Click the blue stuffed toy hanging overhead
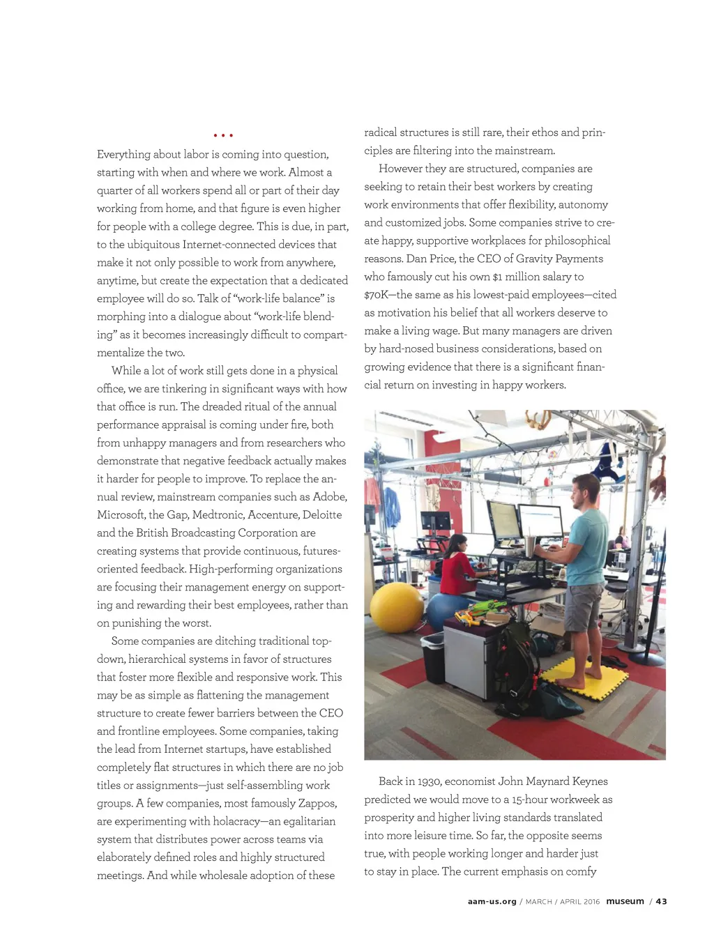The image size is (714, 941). [x=614, y=460]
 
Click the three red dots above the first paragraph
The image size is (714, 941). [x=223, y=135]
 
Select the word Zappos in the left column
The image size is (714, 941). [x=317, y=803]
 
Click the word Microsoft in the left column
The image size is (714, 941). [x=121, y=514]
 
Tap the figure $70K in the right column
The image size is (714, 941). [x=378, y=295]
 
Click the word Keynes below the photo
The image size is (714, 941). [x=590, y=781]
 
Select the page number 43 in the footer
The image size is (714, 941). [x=661, y=901]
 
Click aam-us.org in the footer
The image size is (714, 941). [x=492, y=901]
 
